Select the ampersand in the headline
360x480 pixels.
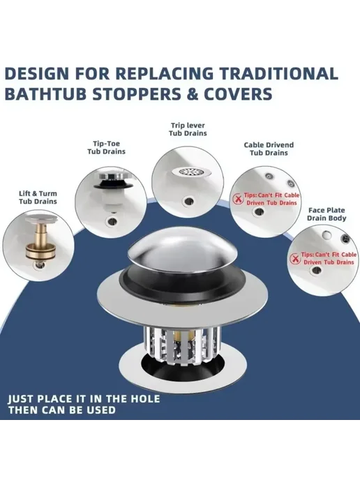(193, 93)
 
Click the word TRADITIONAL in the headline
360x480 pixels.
(279, 74)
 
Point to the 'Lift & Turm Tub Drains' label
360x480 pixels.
(38, 197)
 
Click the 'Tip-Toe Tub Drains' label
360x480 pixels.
(106, 147)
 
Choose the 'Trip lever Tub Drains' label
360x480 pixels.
(188, 129)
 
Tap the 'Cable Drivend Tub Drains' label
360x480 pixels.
(269, 149)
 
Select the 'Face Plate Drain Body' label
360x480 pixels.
(327, 214)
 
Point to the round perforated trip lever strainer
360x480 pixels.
(191, 172)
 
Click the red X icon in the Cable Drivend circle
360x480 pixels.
(237, 199)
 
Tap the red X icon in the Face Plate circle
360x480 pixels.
(295, 259)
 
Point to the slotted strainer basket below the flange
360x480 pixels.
(181, 345)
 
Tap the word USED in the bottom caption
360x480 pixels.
(101, 410)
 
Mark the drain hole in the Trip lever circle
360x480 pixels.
(188, 201)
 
